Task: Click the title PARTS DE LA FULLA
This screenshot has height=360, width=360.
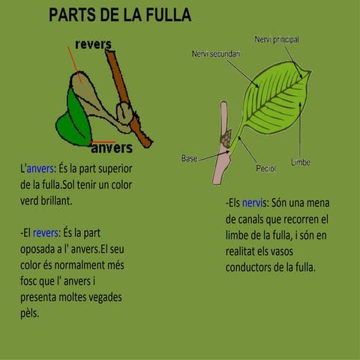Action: pyautogui.click(x=120, y=15)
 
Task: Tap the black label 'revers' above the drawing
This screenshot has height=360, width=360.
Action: pyautogui.click(x=93, y=44)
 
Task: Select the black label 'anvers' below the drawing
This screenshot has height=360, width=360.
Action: pyautogui.click(x=111, y=147)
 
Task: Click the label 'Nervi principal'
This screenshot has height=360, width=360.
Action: pyautogui.click(x=277, y=39)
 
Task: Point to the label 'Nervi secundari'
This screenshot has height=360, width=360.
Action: pyautogui.click(x=216, y=54)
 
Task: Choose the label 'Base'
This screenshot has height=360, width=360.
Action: pyautogui.click(x=189, y=159)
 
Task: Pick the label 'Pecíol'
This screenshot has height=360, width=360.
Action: pyautogui.click(x=265, y=169)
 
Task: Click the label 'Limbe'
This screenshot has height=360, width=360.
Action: pyautogui.click(x=301, y=162)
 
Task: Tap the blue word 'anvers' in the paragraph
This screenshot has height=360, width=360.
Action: pyautogui.click(x=40, y=168)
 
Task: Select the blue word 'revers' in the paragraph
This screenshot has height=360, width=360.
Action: pyautogui.click(x=46, y=232)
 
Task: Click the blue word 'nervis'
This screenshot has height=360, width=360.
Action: pyautogui.click(x=254, y=203)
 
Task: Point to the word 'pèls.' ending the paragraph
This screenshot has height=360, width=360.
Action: pyautogui.click(x=30, y=313)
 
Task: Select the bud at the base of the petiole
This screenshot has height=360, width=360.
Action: pyautogui.click(x=224, y=138)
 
